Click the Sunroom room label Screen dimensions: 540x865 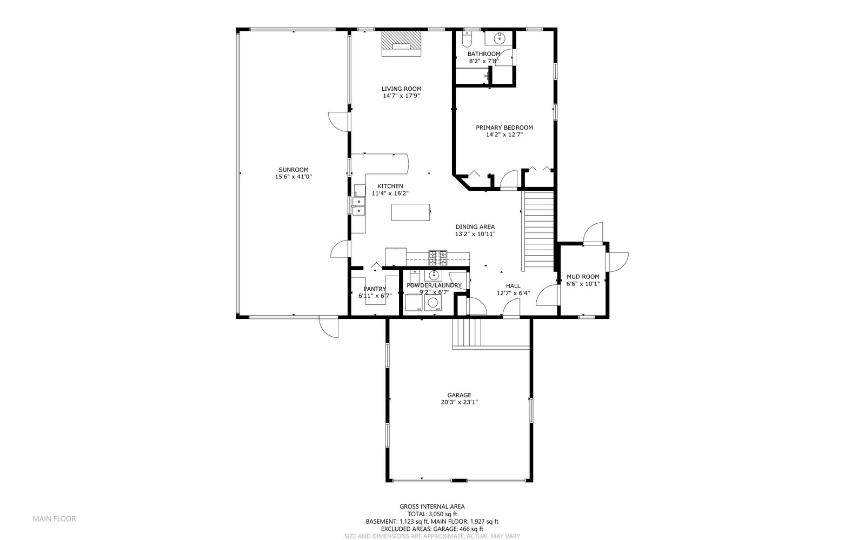294,170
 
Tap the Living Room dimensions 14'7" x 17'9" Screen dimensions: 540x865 401,96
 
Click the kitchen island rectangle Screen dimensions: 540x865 411,212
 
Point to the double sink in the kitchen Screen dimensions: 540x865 358,206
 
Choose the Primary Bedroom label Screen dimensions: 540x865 504,128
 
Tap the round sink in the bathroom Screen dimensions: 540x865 500,38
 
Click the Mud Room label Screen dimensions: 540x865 583,277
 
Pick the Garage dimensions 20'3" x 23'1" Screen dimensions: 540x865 459,402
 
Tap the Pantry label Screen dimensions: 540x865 375,289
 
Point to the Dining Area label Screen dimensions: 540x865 475,227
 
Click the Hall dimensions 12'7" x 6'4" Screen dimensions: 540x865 513,294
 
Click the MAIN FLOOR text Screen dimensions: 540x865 54,518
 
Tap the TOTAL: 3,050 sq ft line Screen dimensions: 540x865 432,514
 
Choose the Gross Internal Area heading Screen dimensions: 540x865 432,506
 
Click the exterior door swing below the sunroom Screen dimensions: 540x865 328,327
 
